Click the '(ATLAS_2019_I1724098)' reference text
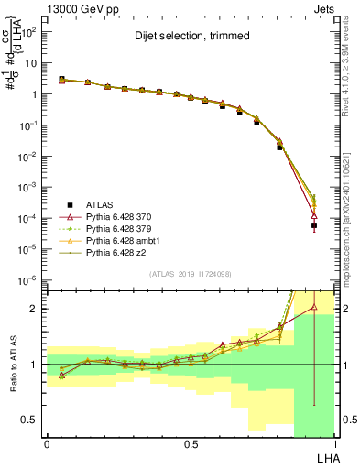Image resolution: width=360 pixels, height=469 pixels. point(190,274)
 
